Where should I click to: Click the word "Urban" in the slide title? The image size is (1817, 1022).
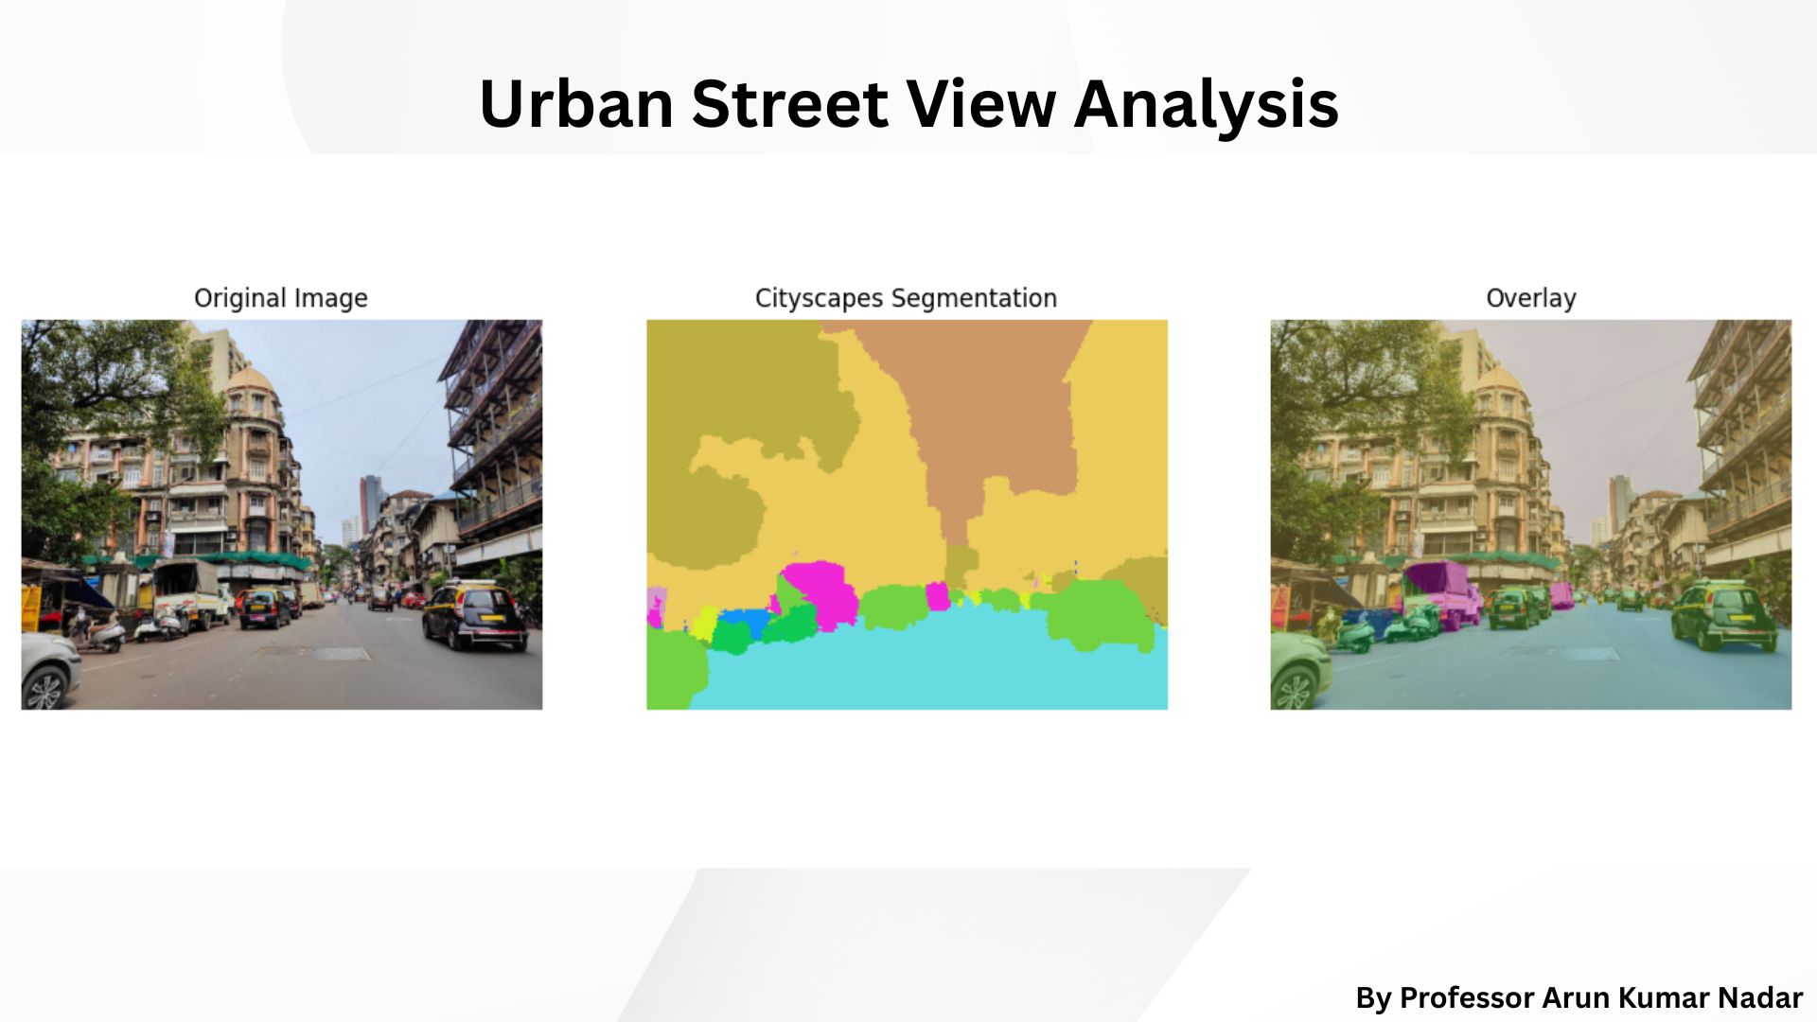(x=575, y=103)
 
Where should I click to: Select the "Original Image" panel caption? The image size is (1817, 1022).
(x=281, y=298)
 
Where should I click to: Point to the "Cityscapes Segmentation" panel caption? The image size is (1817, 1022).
(x=906, y=298)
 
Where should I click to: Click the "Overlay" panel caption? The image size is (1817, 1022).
(x=1530, y=298)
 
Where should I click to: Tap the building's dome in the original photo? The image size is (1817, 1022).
(x=251, y=380)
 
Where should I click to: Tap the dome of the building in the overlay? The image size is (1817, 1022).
(x=1500, y=380)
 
